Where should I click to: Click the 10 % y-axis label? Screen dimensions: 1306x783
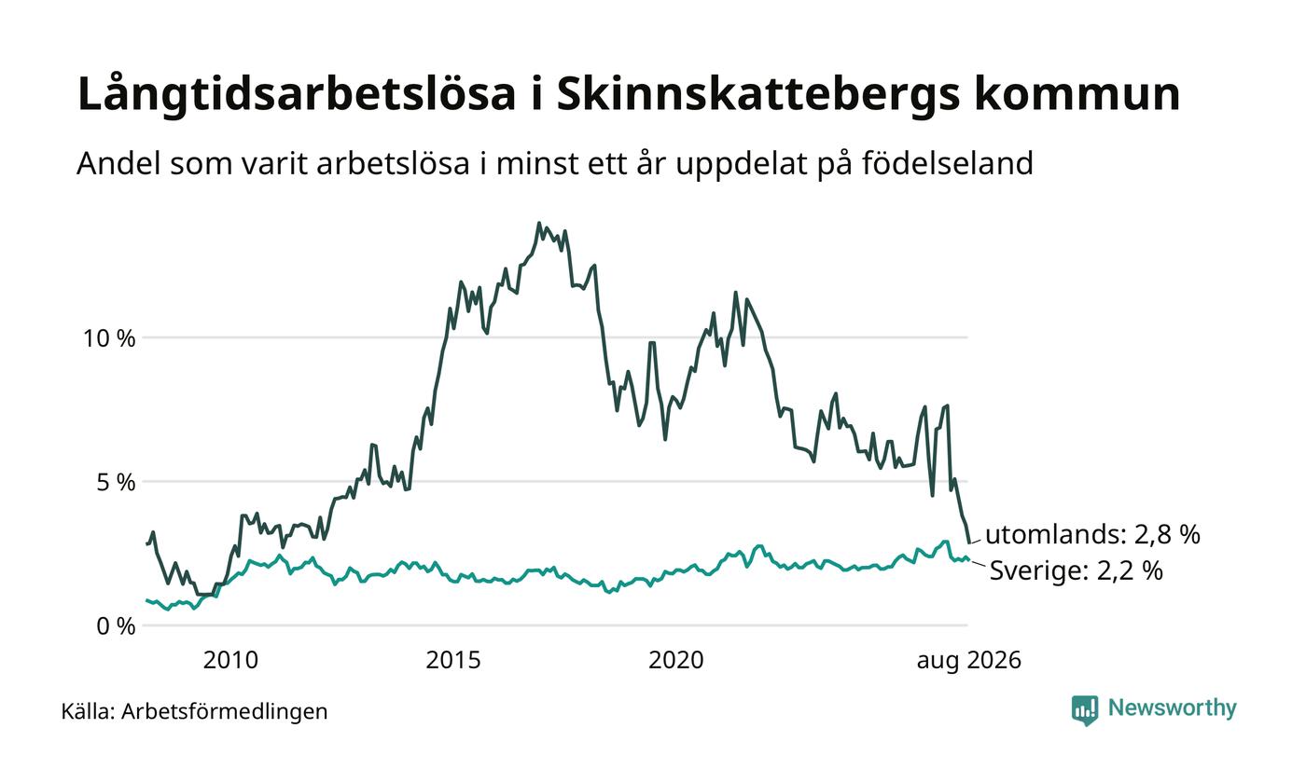click(x=110, y=337)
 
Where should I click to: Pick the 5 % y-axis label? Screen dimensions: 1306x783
click(x=116, y=483)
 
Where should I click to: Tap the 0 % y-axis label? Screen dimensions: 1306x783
click(x=116, y=626)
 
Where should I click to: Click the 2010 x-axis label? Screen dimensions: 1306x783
click(x=230, y=660)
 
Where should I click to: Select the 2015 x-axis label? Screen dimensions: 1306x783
click(x=453, y=660)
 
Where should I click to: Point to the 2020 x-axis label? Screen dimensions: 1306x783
click(x=675, y=660)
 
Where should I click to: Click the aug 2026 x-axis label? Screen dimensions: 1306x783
click(x=969, y=661)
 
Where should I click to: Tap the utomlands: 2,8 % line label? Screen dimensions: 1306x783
click(x=1092, y=534)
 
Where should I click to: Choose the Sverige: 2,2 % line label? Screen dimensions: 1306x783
click(x=1077, y=570)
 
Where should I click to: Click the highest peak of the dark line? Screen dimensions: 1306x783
click(x=539, y=223)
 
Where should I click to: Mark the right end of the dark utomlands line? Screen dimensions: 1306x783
click(x=970, y=543)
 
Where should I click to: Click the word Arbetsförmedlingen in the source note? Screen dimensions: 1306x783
click(x=225, y=712)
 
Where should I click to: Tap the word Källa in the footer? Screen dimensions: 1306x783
click(x=88, y=711)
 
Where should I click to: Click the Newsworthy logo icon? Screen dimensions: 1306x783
click(x=1084, y=710)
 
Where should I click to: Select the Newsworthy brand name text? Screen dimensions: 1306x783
click(x=1172, y=708)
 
